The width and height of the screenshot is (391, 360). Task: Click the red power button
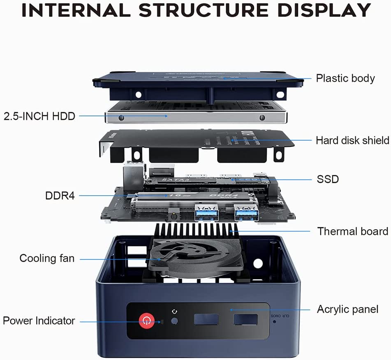click(146, 321)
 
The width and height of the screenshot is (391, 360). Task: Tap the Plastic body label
click(345, 78)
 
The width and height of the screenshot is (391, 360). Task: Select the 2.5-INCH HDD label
click(39, 116)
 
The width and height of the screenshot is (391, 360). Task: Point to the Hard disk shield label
click(352, 141)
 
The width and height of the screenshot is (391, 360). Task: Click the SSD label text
click(328, 179)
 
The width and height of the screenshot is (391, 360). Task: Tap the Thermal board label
click(352, 231)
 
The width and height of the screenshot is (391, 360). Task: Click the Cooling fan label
click(47, 258)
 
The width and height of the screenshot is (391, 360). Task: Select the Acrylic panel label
click(347, 309)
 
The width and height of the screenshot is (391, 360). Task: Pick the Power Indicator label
click(39, 321)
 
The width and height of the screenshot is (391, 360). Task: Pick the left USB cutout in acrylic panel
click(206, 319)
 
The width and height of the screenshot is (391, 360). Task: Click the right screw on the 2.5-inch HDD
click(262, 118)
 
